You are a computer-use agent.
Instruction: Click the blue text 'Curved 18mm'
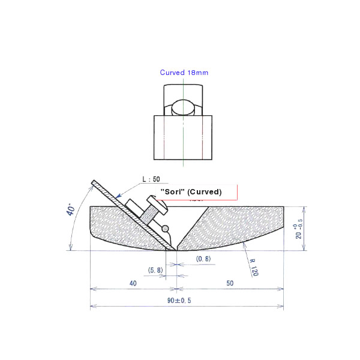point(184,73)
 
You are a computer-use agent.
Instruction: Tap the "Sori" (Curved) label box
point(196,192)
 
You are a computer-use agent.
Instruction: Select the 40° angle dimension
point(71,211)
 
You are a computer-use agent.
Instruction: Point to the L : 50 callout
point(151,179)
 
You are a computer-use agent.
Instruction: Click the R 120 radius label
point(254,268)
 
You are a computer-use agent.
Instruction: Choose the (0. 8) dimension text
point(203,259)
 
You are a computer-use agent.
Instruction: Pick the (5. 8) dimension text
point(155,270)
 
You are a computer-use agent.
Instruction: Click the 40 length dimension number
point(133,283)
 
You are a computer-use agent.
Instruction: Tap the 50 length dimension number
point(230,283)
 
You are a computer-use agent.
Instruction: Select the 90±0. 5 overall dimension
point(179,301)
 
